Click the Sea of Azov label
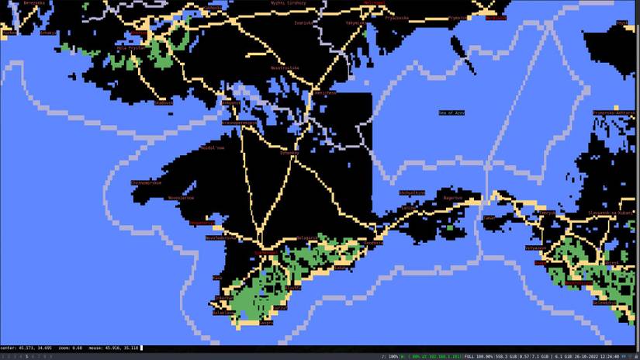(451, 112)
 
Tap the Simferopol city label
(266, 253)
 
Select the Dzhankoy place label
(289, 152)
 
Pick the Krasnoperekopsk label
(239, 122)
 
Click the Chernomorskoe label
(146, 182)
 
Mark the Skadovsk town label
(164, 102)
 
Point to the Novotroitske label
(285, 67)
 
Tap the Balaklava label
(223, 312)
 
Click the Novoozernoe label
(181, 197)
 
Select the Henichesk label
(326, 92)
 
